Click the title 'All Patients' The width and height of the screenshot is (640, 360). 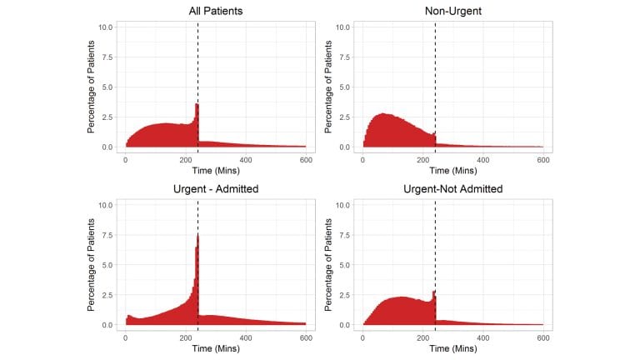point(216,11)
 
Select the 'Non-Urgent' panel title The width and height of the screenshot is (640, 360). point(453,11)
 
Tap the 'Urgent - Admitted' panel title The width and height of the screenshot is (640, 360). point(216,189)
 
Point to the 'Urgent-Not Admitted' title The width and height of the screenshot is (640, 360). point(453,189)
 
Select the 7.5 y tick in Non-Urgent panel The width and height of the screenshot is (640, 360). point(342,57)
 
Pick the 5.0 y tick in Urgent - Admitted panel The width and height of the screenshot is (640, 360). point(106,265)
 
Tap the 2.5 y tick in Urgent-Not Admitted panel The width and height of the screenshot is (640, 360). point(343,295)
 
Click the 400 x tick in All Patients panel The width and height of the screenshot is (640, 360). point(246,159)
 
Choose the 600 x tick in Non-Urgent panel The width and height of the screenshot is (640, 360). point(543,159)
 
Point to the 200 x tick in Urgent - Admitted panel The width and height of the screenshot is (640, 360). point(186,337)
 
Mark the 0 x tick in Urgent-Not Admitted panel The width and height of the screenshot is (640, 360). point(363,337)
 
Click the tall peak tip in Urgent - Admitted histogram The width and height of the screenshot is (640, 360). point(197,235)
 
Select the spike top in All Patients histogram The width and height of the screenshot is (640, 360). point(197,104)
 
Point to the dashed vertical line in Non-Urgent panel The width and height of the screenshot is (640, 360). point(435,83)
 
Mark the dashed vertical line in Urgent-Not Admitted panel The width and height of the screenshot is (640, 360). point(435,250)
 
